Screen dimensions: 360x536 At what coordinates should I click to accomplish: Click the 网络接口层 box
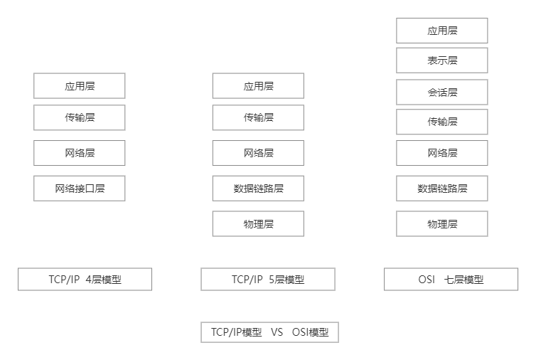click(x=80, y=189)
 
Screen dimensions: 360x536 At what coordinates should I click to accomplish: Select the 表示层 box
click(x=442, y=60)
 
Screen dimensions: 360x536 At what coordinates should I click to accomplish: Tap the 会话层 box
click(x=442, y=92)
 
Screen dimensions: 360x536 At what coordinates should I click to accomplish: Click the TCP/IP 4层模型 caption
click(x=85, y=280)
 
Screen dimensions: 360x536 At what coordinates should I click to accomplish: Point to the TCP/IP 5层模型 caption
click(x=268, y=280)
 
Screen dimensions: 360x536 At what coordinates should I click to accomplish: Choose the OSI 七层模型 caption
click(x=451, y=280)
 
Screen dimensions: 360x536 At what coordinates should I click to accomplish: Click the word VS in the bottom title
click(x=277, y=332)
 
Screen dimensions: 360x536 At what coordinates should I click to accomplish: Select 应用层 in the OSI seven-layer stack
click(x=442, y=31)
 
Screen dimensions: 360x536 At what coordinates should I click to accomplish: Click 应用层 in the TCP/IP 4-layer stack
click(x=80, y=86)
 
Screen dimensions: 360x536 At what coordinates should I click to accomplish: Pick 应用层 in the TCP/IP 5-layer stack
click(x=258, y=86)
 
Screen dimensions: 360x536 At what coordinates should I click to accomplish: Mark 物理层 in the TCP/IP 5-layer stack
click(x=258, y=224)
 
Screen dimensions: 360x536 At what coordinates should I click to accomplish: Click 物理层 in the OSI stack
click(x=442, y=224)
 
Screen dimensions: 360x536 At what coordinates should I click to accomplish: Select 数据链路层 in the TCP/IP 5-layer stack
click(x=258, y=189)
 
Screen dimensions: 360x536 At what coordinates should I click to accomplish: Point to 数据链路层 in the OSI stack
click(x=442, y=189)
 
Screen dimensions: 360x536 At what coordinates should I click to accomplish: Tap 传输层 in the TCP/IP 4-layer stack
click(x=80, y=117)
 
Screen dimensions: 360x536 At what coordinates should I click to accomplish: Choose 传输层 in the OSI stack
click(x=442, y=122)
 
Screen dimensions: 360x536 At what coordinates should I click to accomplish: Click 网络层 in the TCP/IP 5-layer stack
click(x=258, y=153)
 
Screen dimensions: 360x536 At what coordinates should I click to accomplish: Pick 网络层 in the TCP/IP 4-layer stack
click(x=80, y=153)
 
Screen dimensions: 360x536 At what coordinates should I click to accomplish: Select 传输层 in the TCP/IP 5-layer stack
click(x=258, y=117)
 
